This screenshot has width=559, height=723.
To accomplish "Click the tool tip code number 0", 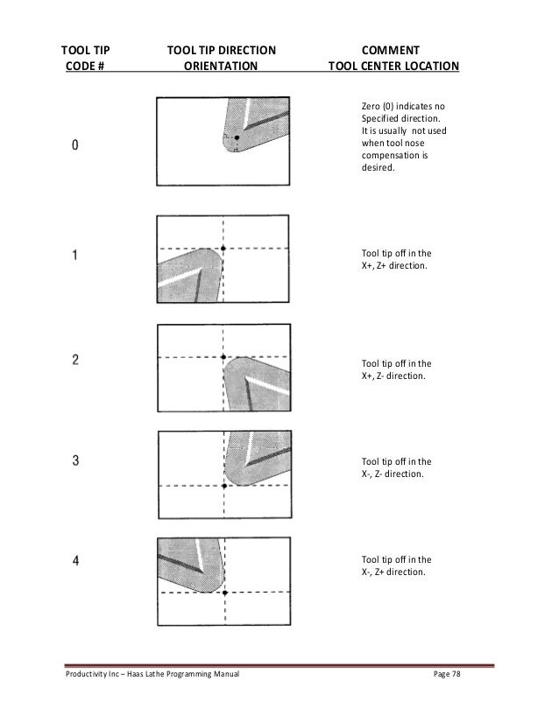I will (x=75, y=146).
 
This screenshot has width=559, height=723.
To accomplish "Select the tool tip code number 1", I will (x=75, y=256).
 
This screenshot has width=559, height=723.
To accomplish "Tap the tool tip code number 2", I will (x=75, y=359).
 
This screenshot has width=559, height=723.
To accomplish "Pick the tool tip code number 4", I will (x=75, y=562).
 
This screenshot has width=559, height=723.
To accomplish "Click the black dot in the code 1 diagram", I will (x=223, y=249).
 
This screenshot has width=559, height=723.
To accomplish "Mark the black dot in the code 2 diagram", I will (x=224, y=357).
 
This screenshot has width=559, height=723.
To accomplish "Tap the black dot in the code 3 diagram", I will (x=225, y=485).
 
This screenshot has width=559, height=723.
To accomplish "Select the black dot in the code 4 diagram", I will (x=225, y=593).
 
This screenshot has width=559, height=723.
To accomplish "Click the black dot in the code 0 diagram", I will (x=236, y=138).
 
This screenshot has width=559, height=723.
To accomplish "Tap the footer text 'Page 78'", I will (x=452, y=678).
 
